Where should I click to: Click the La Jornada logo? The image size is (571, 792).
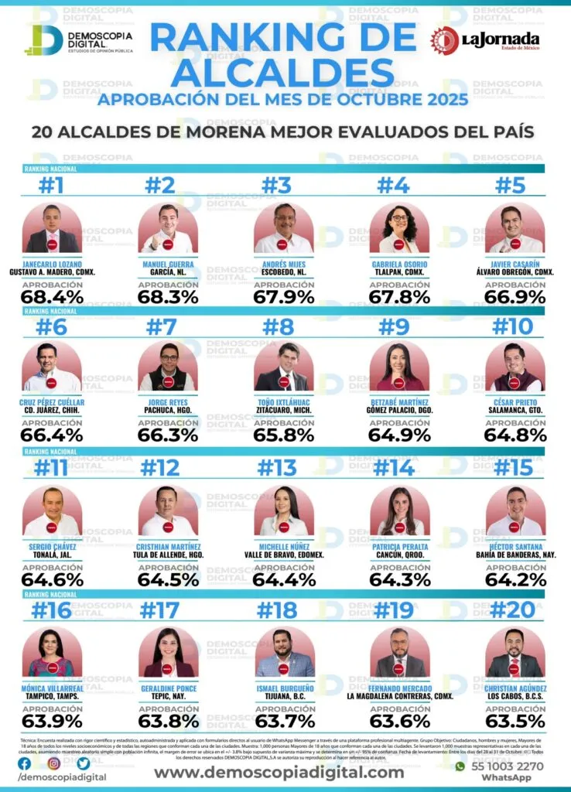point(485,40)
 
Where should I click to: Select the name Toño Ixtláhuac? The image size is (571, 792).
point(283,402)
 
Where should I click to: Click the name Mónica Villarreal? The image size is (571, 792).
point(52,688)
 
